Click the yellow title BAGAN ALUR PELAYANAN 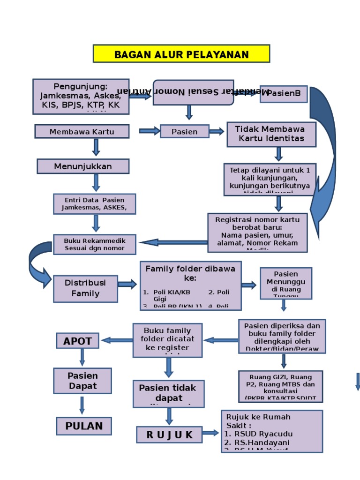click(181, 54)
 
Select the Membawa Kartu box click(82, 131)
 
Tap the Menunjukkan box click(83, 166)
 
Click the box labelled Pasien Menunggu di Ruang click(286, 283)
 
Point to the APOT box click(77, 341)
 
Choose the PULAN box click(84, 426)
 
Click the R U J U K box click(169, 435)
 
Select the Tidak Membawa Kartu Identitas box click(271, 134)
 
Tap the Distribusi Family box click(85, 288)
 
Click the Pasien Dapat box click(82, 381)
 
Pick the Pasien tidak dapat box click(168, 393)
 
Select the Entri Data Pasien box click(94, 203)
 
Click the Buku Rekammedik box click(94, 244)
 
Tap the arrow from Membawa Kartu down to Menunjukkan click(96, 147)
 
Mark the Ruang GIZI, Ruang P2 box click(280, 387)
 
